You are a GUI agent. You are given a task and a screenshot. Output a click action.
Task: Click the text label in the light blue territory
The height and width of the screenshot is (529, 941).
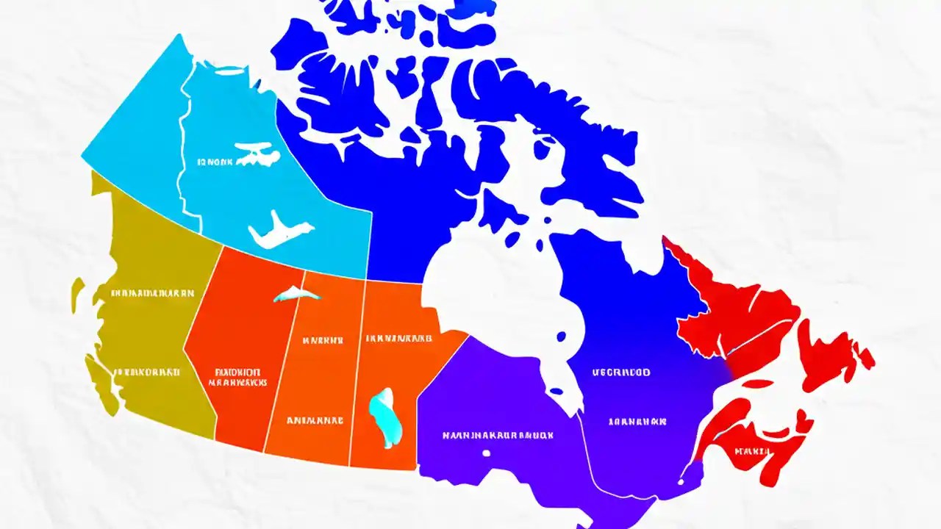click(215, 160)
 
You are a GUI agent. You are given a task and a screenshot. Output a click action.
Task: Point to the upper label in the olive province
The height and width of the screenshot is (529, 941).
click(153, 292)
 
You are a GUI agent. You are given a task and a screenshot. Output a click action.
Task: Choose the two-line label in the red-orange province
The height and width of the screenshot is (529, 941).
click(237, 377)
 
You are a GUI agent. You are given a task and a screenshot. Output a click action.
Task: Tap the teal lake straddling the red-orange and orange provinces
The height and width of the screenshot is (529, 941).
click(296, 295)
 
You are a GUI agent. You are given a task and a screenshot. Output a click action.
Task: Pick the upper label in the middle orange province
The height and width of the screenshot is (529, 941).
click(323, 340)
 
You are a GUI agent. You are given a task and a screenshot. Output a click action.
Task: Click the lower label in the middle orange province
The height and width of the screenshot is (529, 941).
click(315, 421)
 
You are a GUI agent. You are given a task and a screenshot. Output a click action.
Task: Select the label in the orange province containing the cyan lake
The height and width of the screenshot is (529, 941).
click(398, 339)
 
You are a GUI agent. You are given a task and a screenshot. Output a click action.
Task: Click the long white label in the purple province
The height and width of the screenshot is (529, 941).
click(498, 435)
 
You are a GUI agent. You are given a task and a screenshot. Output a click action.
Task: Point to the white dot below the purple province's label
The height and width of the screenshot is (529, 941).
click(486, 453)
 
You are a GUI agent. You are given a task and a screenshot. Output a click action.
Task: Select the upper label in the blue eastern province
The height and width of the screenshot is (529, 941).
click(621, 373)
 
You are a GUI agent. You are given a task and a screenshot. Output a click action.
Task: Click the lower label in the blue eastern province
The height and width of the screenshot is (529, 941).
click(637, 422)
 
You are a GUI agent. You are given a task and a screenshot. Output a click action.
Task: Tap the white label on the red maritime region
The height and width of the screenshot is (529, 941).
click(751, 450)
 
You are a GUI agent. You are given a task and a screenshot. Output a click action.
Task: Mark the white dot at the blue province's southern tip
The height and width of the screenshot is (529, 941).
click(681, 482)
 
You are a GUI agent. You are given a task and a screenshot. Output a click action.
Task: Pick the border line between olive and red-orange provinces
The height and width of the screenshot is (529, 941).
click(201, 345)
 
